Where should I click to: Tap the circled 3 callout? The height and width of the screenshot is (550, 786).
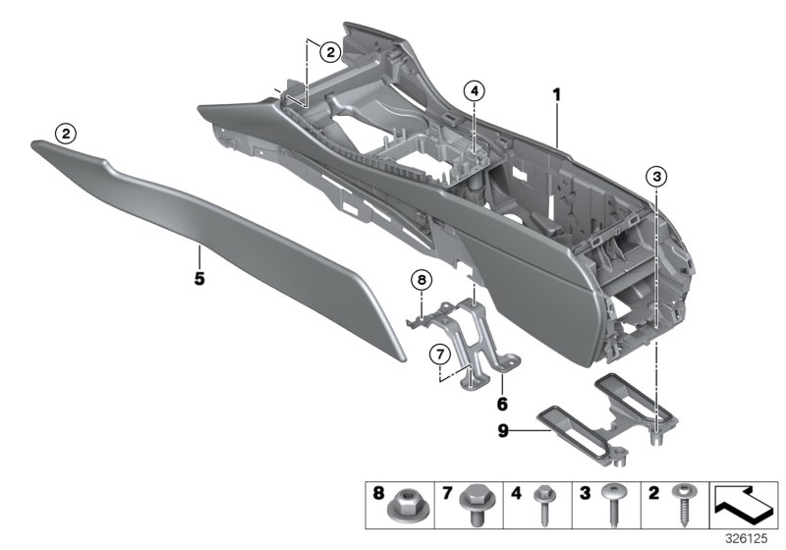pos(656,176)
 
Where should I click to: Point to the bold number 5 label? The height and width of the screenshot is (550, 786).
pos(199,278)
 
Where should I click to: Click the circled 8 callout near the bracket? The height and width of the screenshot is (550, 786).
pos(421,281)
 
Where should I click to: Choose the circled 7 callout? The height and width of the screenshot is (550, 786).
pos(439,352)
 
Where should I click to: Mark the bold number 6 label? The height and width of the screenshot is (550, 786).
pos(501,404)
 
